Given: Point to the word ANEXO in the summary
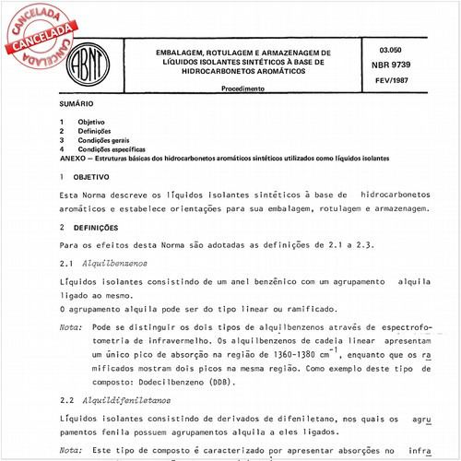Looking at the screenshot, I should click(70, 158).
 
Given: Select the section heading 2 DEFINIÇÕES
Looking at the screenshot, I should click(97, 226).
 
